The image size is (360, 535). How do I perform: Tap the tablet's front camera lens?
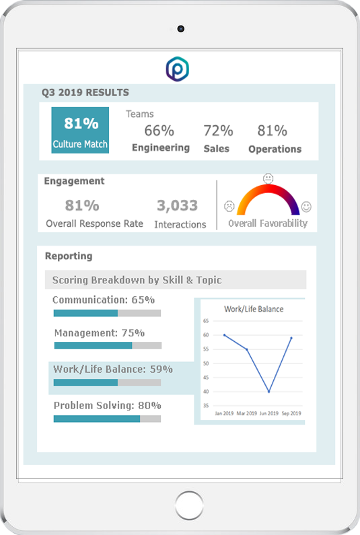tap(181, 29)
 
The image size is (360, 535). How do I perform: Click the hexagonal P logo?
tap(178, 69)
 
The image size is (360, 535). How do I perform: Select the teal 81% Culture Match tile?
tap(80, 130)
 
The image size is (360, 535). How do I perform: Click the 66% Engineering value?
tap(159, 131)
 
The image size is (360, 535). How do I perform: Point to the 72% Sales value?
tap(219, 131)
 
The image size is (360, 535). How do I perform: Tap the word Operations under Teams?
tap(275, 149)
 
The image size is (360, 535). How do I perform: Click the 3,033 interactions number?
tap(178, 205)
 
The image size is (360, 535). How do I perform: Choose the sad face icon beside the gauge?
tap(229, 206)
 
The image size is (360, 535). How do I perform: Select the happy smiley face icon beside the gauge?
tap(306, 207)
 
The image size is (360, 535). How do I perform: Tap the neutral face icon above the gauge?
tap(268, 178)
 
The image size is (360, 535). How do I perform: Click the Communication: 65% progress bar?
tap(107, 313)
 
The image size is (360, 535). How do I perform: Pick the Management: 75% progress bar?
tap(108, 346)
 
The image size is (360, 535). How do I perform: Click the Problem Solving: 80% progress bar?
tap(107, 419)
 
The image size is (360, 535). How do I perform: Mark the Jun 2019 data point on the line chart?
tap(269, 392)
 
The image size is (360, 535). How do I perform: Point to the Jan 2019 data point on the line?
tap(224, 335)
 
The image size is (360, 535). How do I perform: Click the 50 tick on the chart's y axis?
tap(206, 363)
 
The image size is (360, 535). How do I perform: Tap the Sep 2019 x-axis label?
tap(291, 413)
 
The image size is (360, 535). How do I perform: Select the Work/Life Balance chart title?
tap(254, 309)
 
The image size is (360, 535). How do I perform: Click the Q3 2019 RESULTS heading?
tap(85, 92)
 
